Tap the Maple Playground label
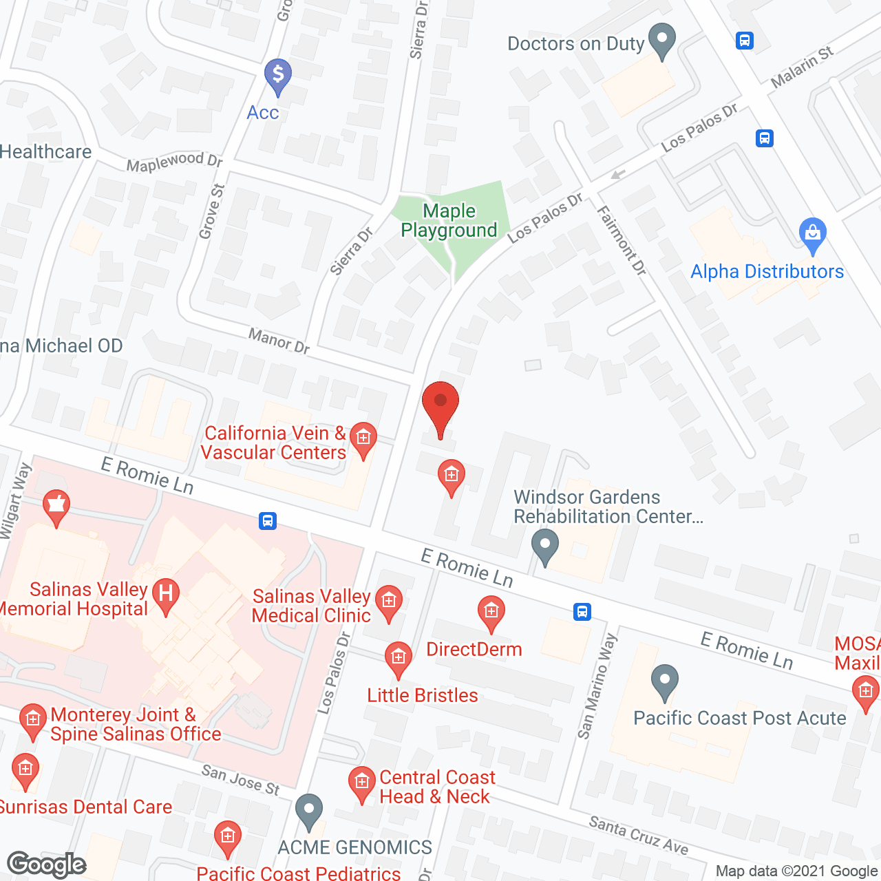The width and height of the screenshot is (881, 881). pyautogui.click(x=449, y=221)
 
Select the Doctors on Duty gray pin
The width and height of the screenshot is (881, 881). pyautogui.click(x=663, y=41)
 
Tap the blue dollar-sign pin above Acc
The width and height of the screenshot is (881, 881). pyautogui.click(x=278, y=76)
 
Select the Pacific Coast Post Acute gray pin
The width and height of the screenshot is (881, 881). pyautogui.click(x=664, y=682)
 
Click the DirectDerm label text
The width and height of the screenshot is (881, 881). pyautogui.click(x=474, y=649)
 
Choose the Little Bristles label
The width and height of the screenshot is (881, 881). pyautogui.click(x=423, y=695)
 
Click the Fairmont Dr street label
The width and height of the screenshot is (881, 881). pyautogui.click(x=622, y=241)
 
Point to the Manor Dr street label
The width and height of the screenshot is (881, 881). pyautogui.click(x=279, y=340)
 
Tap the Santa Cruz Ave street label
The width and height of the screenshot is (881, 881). pyautogui.click(x=638, y=835)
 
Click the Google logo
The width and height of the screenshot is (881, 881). pyautogui.click(x=47, y=864)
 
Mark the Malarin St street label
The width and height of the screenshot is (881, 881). pyautogui.click(x=802, y=67)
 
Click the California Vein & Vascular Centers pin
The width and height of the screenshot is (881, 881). pyautogui.click(x=363, y=438)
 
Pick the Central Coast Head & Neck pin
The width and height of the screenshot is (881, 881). pyautogui.click(x=361, y=784)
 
